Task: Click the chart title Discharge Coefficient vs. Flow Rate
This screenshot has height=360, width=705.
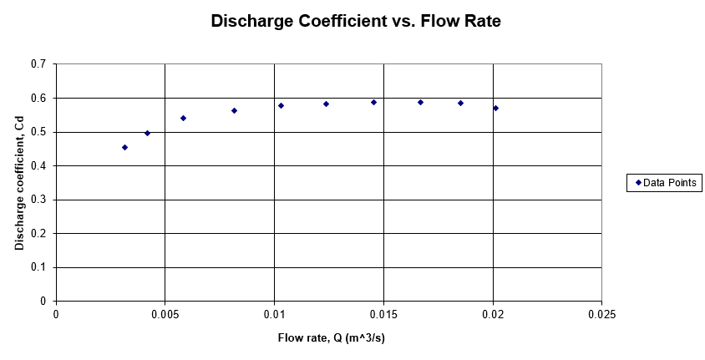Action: [x=356, y=23]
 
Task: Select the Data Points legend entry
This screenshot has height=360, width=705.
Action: [x=666, y=182]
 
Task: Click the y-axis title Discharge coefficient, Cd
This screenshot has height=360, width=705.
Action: [x=19, y=182]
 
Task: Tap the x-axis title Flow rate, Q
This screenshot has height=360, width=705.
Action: [x=332, y=338]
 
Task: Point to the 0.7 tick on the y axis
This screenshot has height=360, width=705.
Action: [x=38, y=64]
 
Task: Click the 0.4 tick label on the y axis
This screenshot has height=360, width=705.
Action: [x=38, y=166]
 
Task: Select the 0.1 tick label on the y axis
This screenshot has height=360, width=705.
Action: [x=38, y=267]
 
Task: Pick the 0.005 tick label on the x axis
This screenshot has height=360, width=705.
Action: [x=165, y=315]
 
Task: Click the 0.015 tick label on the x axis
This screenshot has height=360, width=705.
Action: [x=383, y=315]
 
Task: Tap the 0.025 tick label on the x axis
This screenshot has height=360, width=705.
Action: [x=601, y=315]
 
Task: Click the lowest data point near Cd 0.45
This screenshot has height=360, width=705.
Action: [x=124, y=147]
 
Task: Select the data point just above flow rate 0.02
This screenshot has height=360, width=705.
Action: [x=495, y=108]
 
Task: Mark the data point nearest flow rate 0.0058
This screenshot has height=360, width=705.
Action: [x=183, y=118]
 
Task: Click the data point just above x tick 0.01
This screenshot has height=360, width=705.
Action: [x=281, y=105]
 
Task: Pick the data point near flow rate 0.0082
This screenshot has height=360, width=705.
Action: [x=234, y=110]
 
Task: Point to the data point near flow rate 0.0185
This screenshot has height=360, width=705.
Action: [x=460, y=103]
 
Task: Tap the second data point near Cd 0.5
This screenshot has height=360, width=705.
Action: [x=147, y=133]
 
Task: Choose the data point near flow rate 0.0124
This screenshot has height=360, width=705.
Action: [x=326, y=104]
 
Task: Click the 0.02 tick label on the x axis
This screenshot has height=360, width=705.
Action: [x=493, y=315]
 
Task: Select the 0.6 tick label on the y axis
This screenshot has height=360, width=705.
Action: [x=38, y=99]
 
